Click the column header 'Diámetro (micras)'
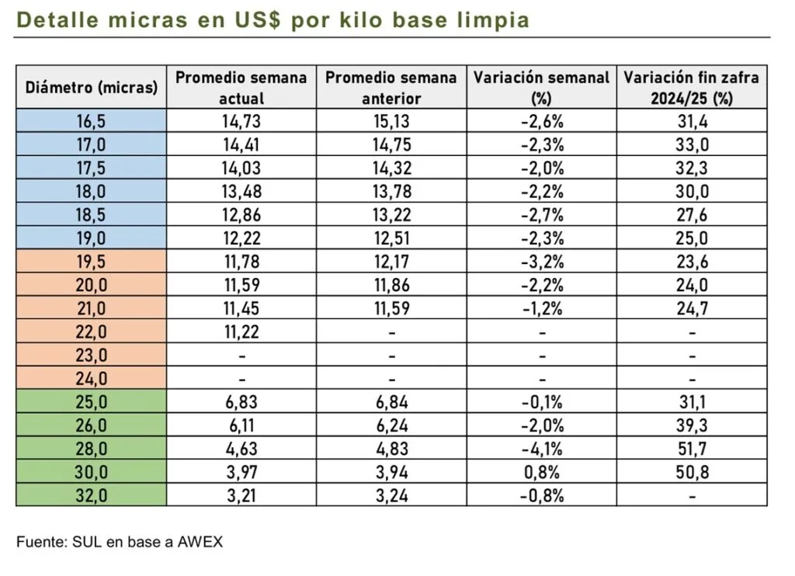point(92,88)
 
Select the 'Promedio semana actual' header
point(241,88)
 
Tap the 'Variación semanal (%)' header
point(542,88)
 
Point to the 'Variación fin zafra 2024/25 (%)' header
point(692,88)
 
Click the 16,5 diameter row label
point(92,121)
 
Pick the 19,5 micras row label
point(92,262)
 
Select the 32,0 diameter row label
point(92,495)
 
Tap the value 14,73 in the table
point(241,121)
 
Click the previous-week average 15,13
point(392,121)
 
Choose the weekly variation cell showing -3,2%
point(542,262)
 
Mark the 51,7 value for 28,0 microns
point(692,449)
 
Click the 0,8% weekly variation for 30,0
point(542,472)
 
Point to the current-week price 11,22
point(241,331)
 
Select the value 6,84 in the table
point(392,402)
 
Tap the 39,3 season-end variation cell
point(692,425)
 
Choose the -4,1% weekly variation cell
point(542,449)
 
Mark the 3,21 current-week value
point(241,495)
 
